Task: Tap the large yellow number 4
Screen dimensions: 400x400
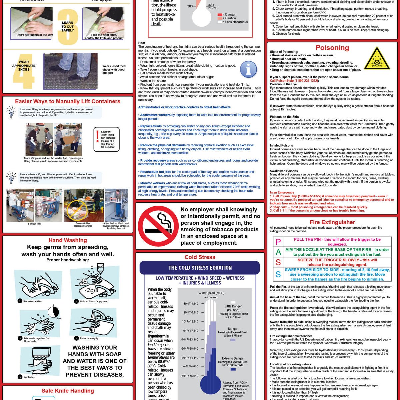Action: [x=24, y=71]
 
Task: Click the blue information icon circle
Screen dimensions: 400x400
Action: [x=248, y=69]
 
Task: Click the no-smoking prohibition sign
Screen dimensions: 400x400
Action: [x=158, y=226]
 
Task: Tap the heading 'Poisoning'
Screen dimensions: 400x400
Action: [x=332, y=48]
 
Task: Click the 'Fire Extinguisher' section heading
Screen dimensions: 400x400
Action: [x=332, y=222]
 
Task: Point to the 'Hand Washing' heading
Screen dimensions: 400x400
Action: [x=68, y=240]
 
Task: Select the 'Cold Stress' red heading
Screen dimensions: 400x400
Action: [x=200, y=257]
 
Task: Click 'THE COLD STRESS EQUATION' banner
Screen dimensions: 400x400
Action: [x=200, y=268]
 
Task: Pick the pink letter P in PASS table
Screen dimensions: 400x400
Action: [x=278, y=242]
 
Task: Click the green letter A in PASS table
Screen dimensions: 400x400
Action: [x=278, y=252]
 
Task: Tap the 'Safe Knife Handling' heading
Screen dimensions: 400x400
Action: [x=68, y=391]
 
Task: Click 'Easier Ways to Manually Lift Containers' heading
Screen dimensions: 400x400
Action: [x=68, y=101]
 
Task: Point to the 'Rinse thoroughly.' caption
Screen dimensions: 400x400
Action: [x=89, y=338]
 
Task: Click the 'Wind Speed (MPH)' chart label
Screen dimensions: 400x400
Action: [x=211, y=293]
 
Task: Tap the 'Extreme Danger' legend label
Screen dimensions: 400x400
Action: [x=233, y=358]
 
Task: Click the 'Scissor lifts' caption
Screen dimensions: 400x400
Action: [x=34, y=224]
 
